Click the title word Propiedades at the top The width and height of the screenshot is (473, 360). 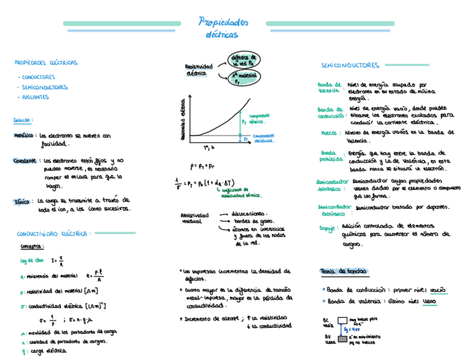[224, 22]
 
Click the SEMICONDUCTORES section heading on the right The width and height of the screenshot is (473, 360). [350, 66]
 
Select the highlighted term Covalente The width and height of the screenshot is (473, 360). [25, 160]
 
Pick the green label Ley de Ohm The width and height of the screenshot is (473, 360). [32, 260]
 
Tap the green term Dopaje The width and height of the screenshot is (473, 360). [327, 228]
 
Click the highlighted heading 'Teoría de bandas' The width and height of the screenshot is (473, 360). [343, 271]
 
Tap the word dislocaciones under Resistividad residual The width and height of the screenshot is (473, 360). [249, 213]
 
